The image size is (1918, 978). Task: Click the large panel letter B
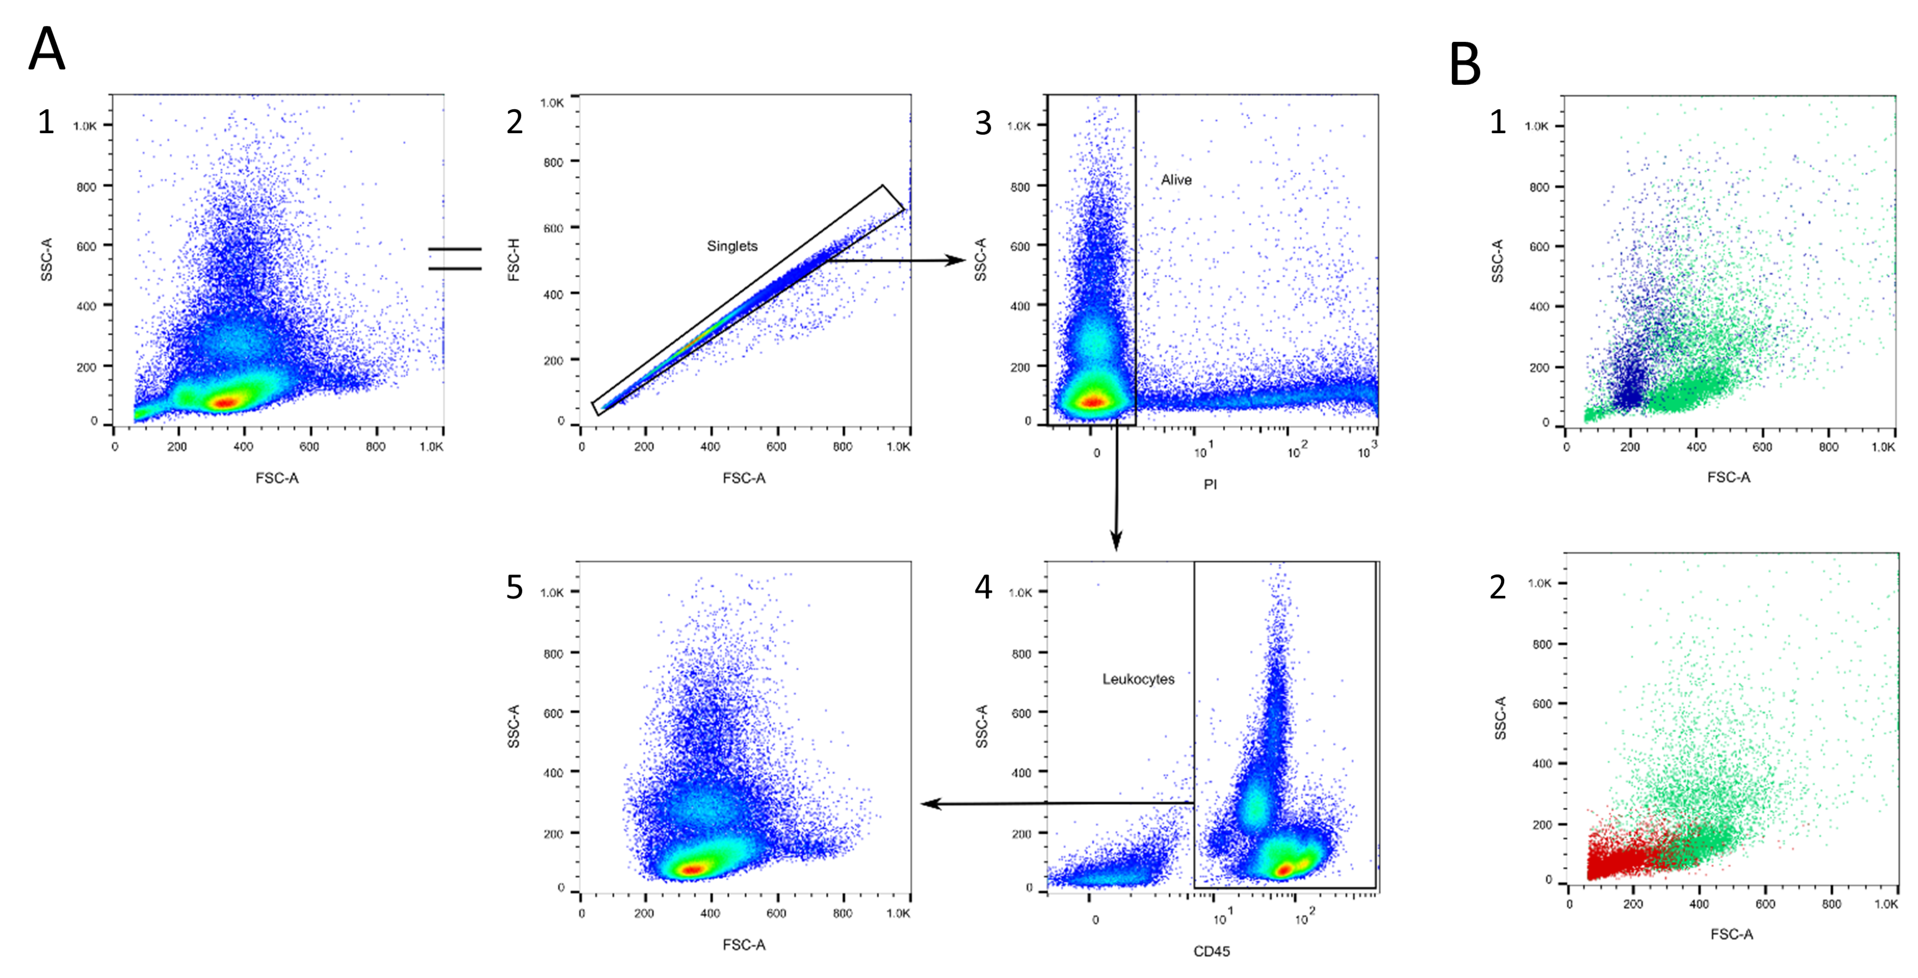[x=1465, y=65]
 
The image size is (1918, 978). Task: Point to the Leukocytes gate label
[x=1138, y=679]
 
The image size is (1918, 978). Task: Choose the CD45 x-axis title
[x=1212, y=951]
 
